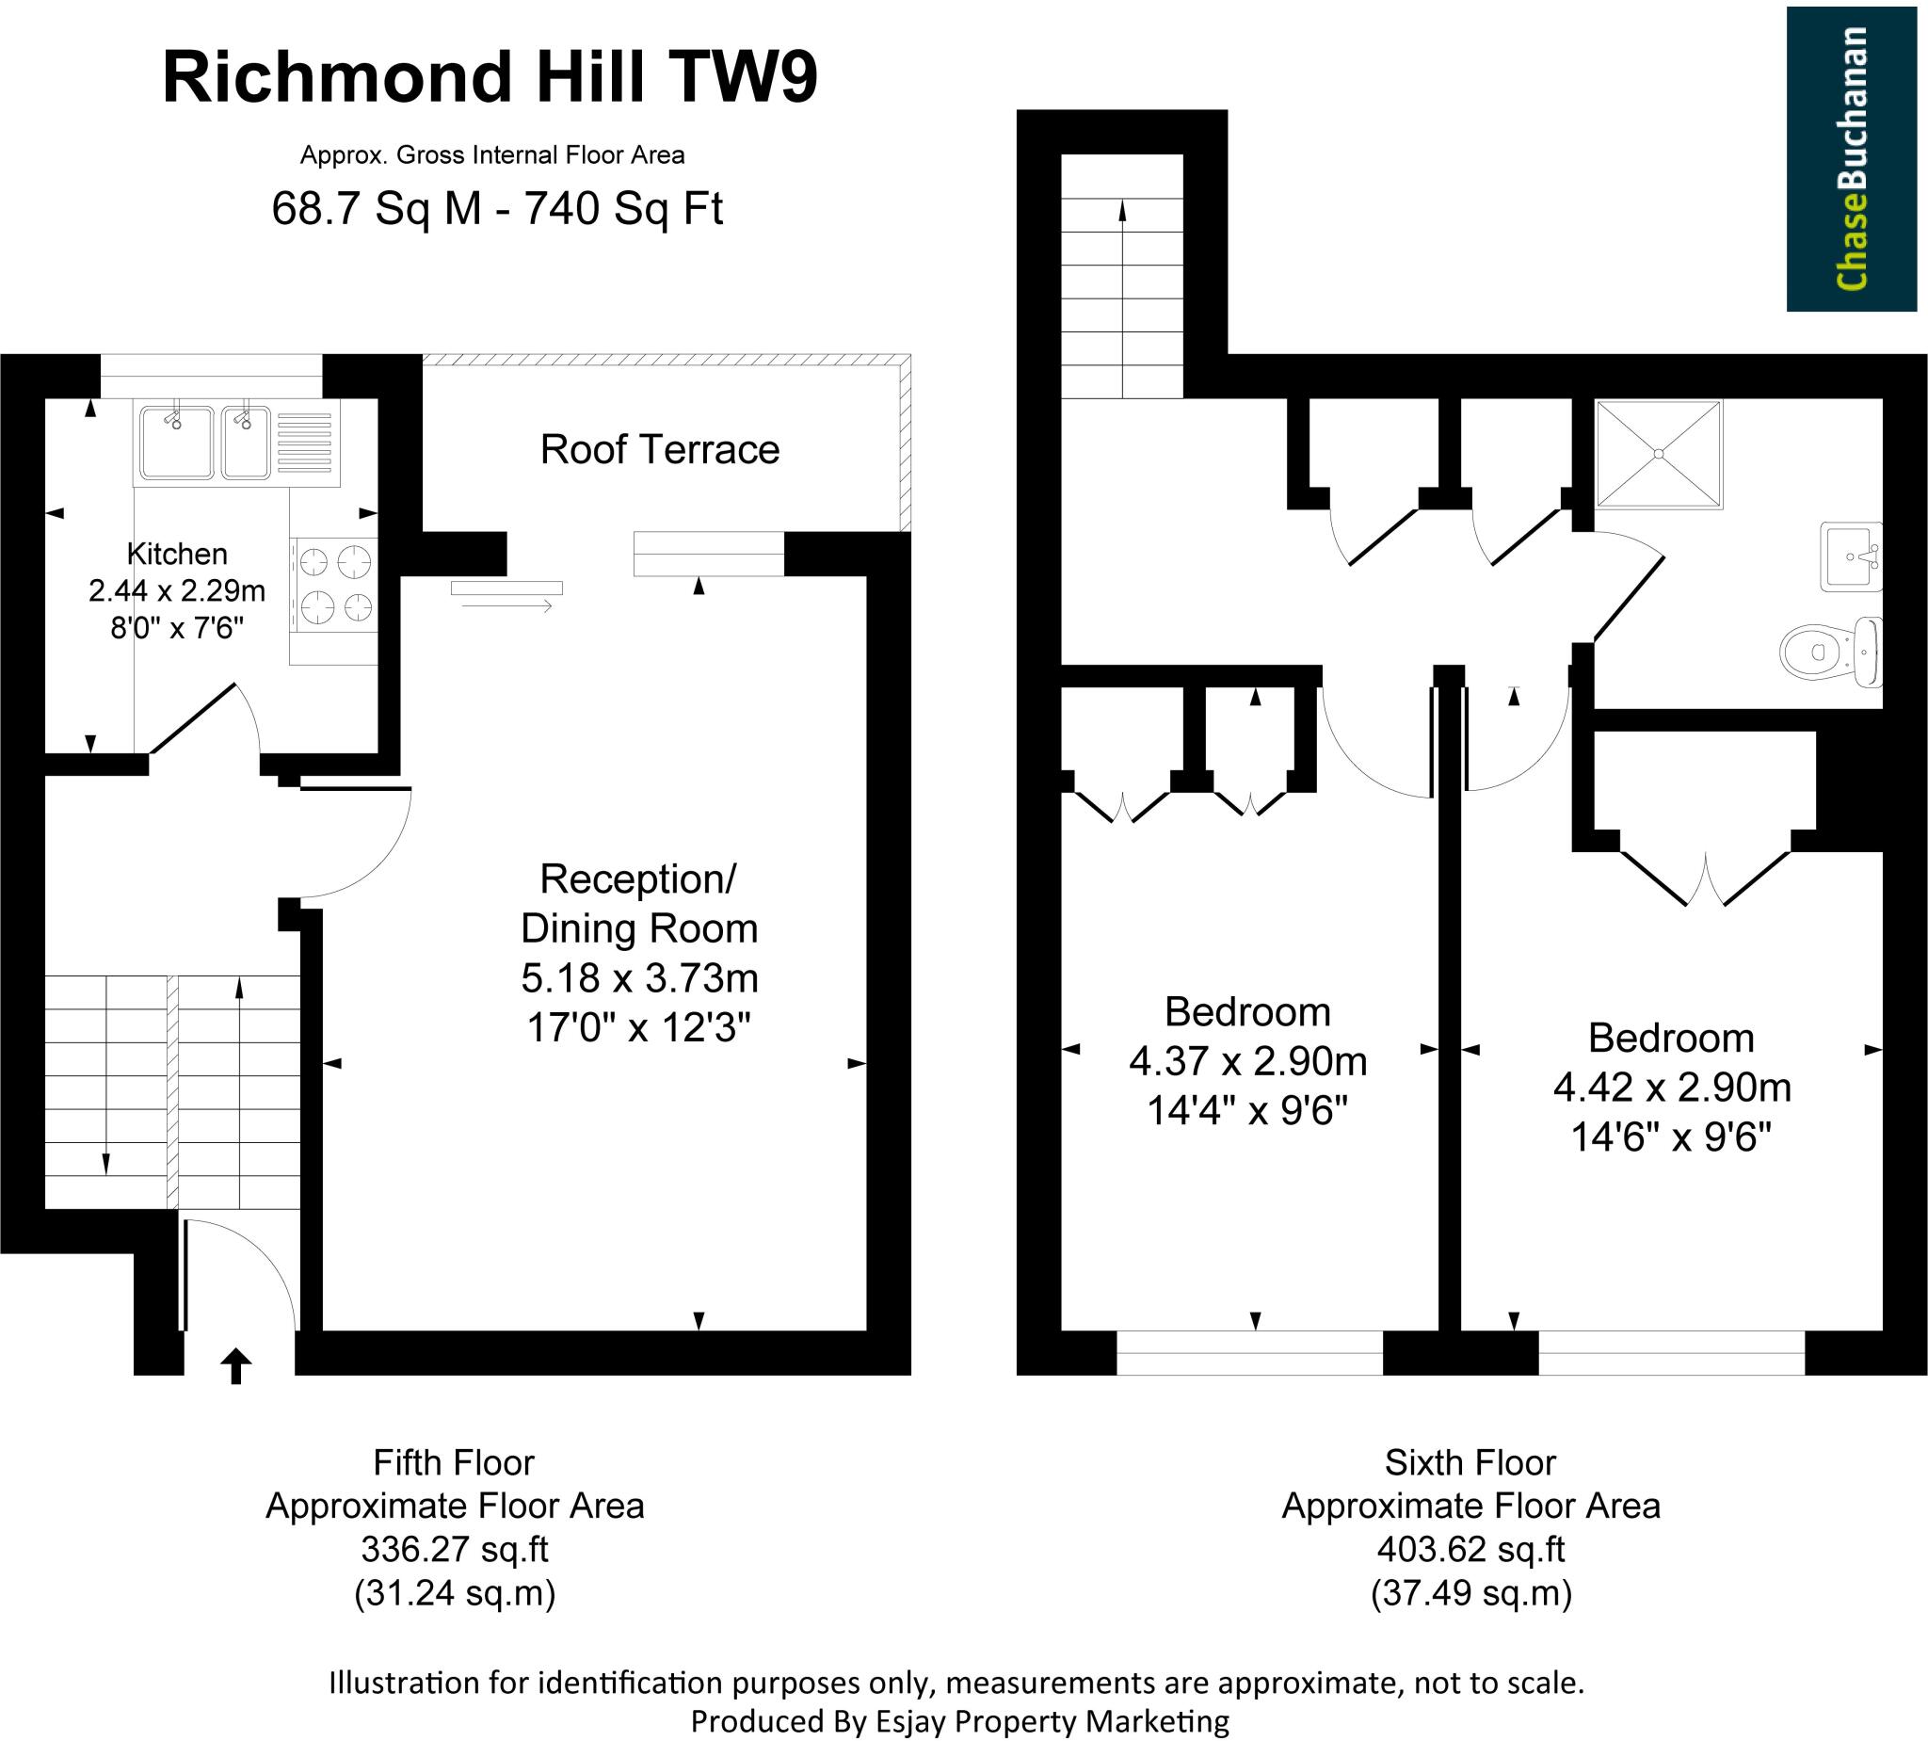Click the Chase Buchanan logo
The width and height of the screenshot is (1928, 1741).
pos(1852,159)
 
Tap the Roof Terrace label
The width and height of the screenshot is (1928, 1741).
pos(660,449)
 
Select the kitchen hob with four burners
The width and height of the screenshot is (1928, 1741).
pos(335,585)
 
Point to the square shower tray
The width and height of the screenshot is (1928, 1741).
pos(1659,454)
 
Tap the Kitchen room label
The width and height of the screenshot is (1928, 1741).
pos(177,554)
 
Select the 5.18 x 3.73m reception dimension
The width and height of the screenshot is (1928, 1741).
pos(639,977)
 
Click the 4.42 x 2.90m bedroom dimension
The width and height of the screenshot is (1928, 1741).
pos(1671,1088)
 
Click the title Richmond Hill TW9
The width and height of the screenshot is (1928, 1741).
pos(490,76)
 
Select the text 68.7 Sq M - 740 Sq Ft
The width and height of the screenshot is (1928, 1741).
pos(496,207)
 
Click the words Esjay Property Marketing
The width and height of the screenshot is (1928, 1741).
pos(1052,1722)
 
